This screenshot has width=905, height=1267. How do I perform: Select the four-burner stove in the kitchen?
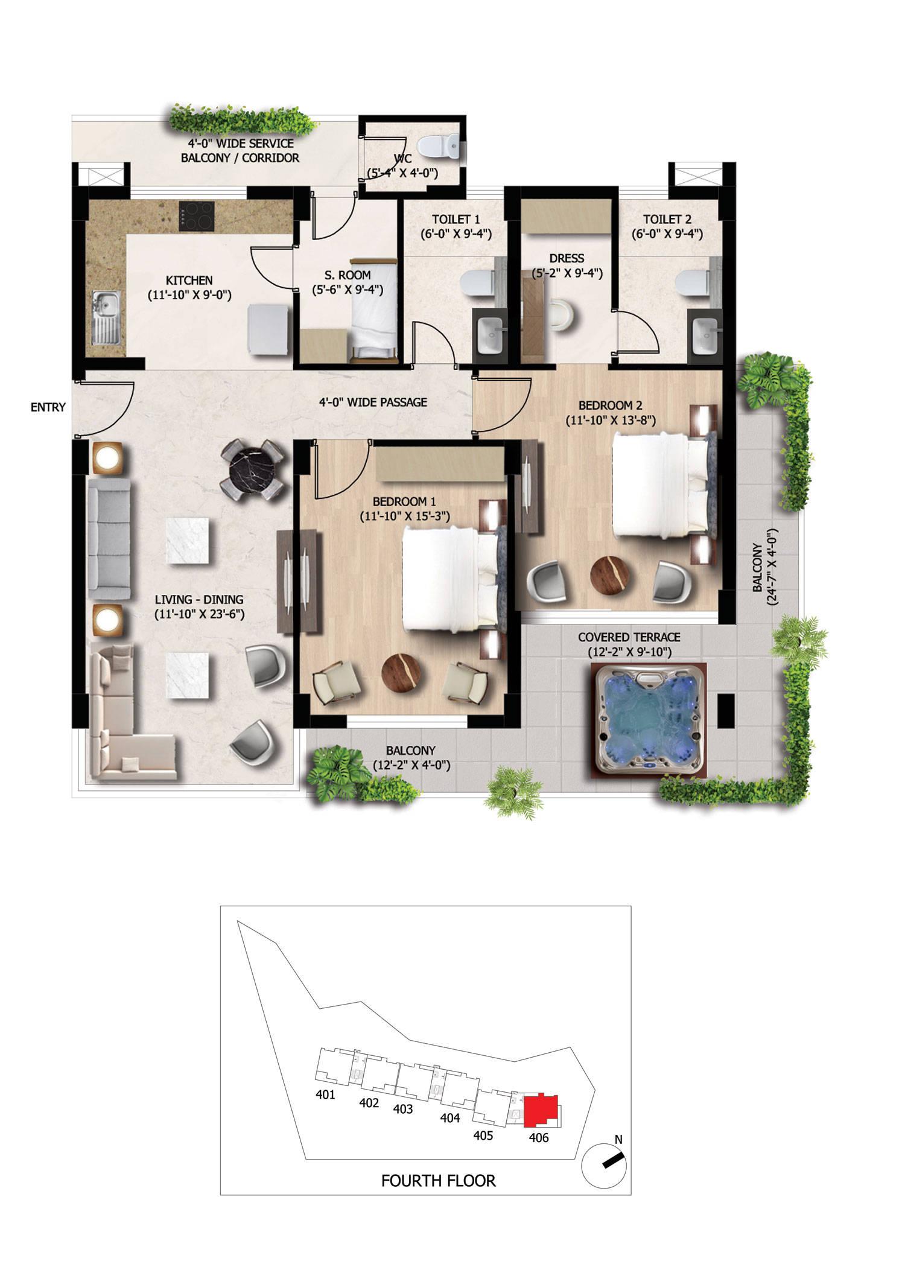pos(197,215)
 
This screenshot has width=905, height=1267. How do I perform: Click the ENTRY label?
pos(48,407)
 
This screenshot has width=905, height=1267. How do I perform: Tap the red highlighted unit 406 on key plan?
pos(541,1110)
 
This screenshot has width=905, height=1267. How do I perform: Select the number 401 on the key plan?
pos(325,1094)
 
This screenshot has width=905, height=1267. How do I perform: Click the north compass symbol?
pos(604,1164)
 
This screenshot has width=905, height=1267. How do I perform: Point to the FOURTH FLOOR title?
pos(438,1181)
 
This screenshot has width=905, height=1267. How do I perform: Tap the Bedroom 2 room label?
pos(610,413)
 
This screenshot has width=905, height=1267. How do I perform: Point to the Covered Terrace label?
pos(629,644)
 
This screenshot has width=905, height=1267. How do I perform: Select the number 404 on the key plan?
pos(450,1118)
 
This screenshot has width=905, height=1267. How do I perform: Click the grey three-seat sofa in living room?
pos(109,539)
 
